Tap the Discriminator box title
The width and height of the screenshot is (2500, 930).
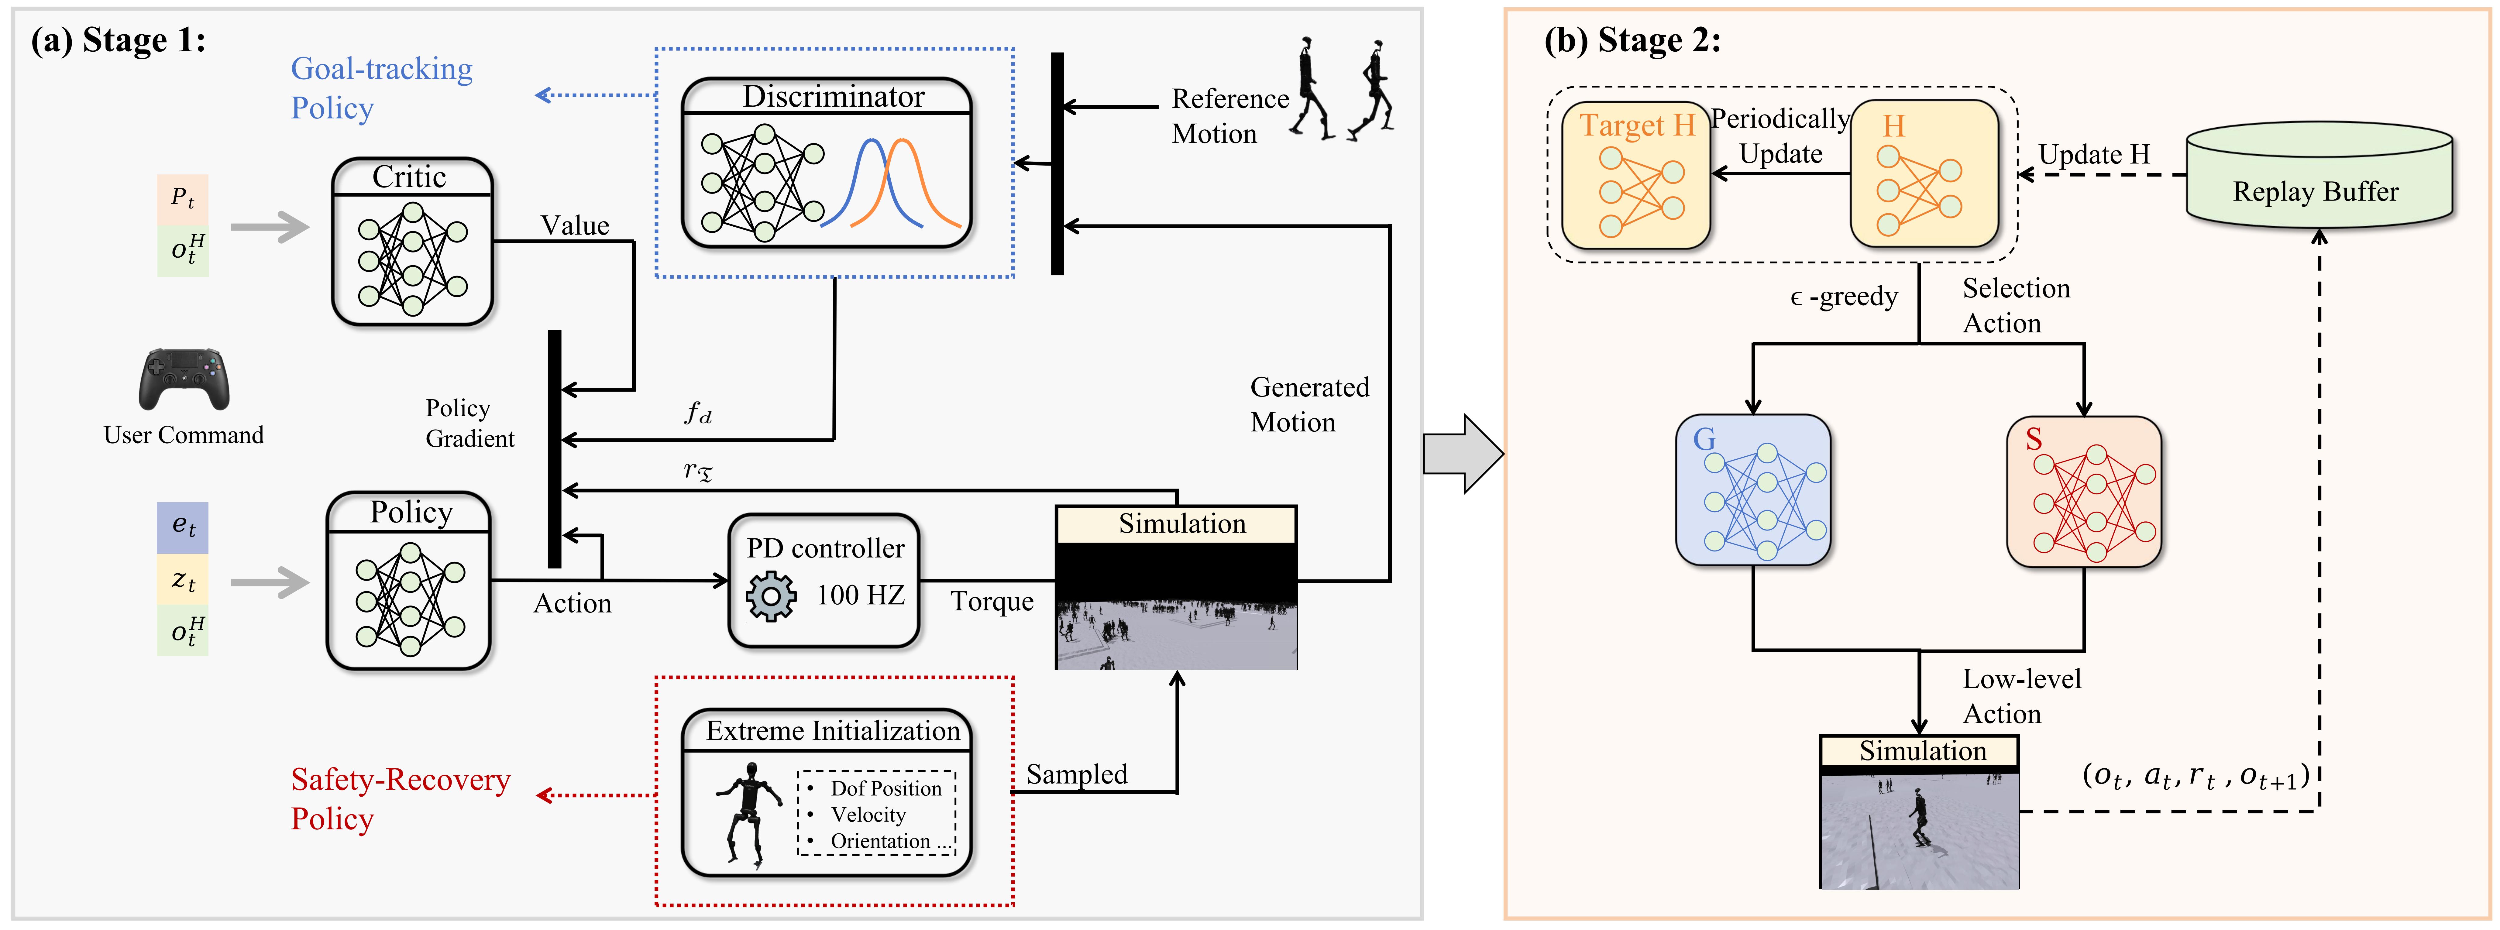834,96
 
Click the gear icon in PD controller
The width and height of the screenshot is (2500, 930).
771,596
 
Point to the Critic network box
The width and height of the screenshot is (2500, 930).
412,242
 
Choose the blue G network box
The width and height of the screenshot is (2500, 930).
1753,490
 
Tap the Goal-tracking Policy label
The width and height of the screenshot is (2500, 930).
381,88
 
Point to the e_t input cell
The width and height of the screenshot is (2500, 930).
182,527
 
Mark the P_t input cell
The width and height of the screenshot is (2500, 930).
182,199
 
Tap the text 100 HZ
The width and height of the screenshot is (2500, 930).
860,594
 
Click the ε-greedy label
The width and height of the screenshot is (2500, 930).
1843,296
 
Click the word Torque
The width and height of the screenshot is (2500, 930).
992,602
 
